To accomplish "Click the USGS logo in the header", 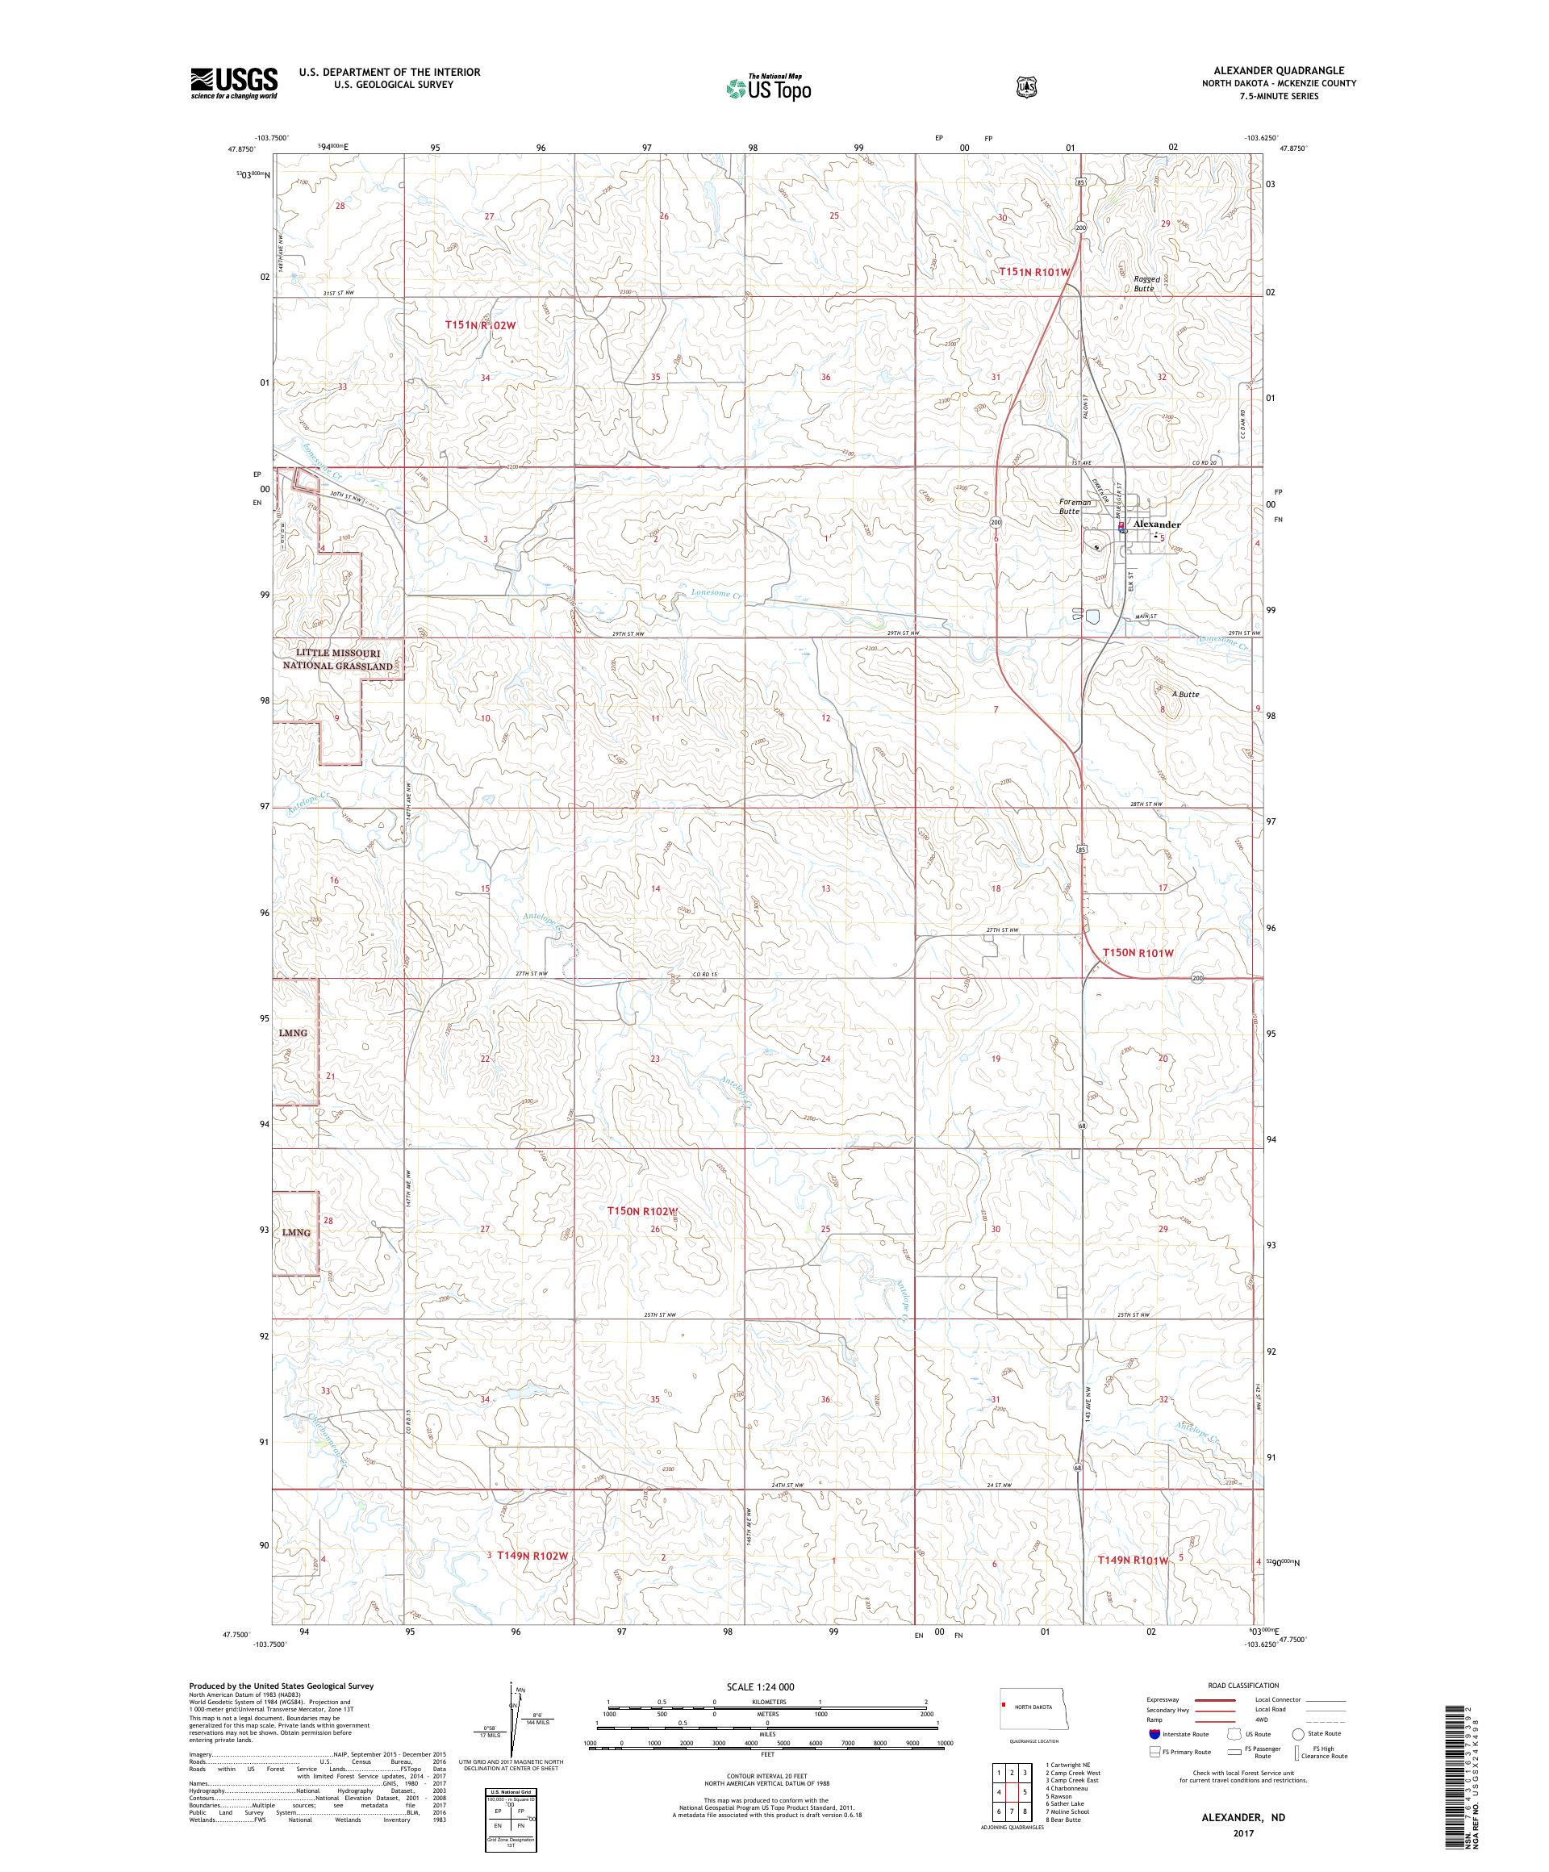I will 232,84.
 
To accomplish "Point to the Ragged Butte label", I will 1146,283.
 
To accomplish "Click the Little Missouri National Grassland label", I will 338,660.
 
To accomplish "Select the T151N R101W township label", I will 1033,271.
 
